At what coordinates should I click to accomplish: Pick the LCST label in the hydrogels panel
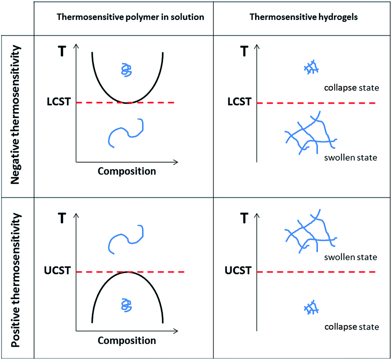(239, 103)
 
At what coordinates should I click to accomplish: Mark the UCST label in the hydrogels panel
(238, 272)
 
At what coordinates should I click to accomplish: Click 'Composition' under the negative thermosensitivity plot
(127, 172)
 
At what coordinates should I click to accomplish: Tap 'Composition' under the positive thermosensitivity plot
(127, 341)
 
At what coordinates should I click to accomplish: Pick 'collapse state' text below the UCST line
(351, 327)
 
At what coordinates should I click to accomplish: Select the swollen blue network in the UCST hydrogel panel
(309, 231)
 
